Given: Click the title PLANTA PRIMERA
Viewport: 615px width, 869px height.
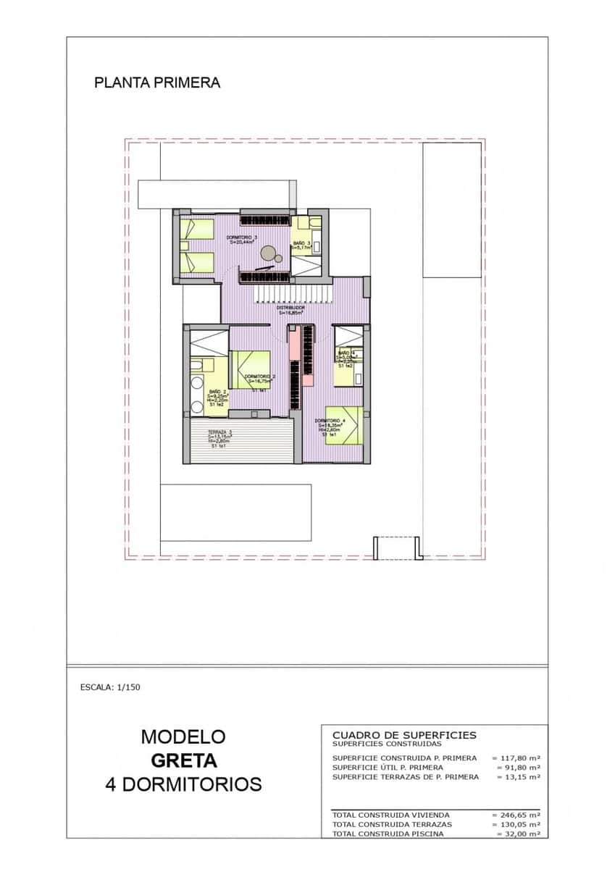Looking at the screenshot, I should (157, 83).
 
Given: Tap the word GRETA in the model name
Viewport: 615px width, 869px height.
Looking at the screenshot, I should (183, 760).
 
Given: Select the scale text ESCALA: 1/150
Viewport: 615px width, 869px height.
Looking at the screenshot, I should (110, 687).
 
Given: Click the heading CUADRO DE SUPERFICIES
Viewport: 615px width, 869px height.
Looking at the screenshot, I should (403, 735).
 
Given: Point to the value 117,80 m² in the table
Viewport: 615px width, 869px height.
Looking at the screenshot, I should (516, 758).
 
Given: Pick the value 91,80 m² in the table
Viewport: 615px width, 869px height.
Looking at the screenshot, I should (519, 768).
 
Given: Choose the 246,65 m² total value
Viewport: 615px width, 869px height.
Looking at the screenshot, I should (516, 815).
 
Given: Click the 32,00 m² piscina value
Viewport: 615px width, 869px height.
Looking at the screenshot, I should (519, 834).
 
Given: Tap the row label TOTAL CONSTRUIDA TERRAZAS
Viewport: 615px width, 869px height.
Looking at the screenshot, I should (392, 824).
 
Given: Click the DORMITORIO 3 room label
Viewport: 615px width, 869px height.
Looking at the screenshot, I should (242, 238).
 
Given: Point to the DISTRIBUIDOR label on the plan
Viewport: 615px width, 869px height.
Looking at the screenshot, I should (290, 308).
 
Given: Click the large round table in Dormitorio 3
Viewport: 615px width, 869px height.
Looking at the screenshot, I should (268, 253).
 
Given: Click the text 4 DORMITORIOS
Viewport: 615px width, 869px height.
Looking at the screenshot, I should (183, 784).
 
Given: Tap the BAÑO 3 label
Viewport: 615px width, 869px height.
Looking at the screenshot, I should (302, 243).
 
